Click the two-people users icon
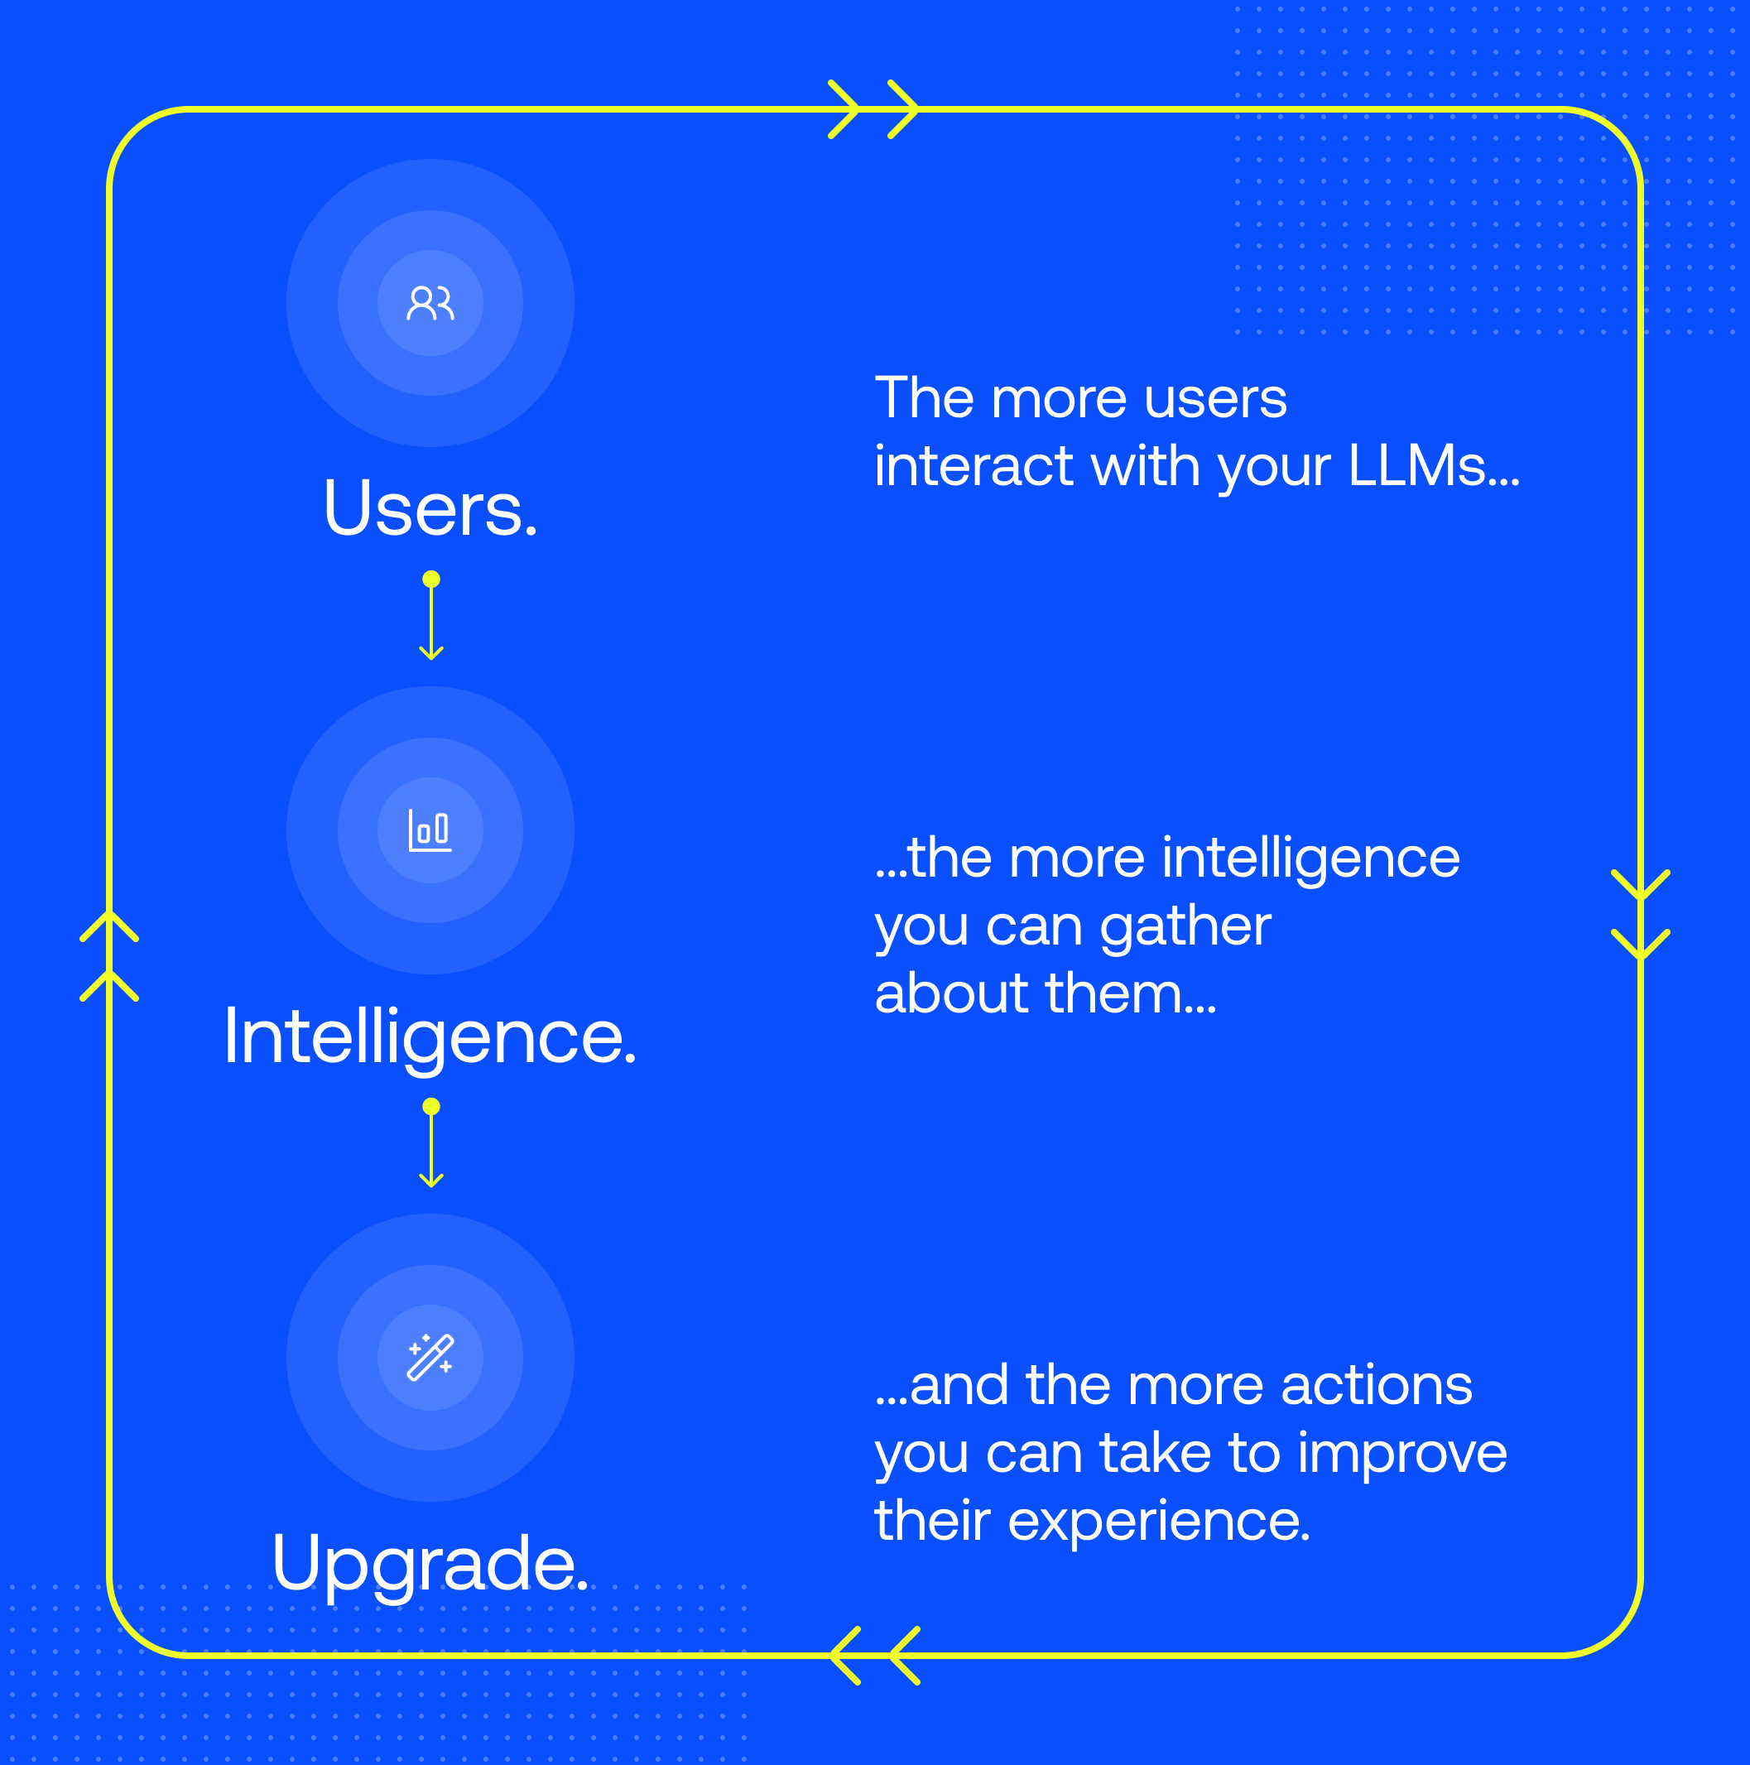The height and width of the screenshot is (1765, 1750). pyautogui.click(x=430, y=303)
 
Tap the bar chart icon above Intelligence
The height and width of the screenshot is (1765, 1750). pyautogui.click(x=430, y=830)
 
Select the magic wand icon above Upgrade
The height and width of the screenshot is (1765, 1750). pyautogui.click(x=430, y=1358)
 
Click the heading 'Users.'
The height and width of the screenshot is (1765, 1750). pyautogui.click(x=430, y=509)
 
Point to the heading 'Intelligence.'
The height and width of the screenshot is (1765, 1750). pyautogui.click(x=430, y=1036)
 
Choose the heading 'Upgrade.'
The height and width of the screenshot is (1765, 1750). pyautogui.click(x=430, y=1564)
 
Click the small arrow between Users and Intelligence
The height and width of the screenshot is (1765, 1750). pyautogui.click(x=431, y=621)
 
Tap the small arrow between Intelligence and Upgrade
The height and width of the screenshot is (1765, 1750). pyautogui.click(x=431, y=1148)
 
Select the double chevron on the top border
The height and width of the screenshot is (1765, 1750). pyautogui.click(x=873, y=109)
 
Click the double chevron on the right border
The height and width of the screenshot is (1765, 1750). pyautogui.click(x=1641, y=915)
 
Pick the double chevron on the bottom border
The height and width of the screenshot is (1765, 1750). pyautogui.click(x=875, y=1656)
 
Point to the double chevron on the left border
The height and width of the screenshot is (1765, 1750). pyautogui.click(x=109, y=955)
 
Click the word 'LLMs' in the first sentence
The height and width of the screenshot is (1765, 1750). pyautogui.click(x=1432, y=467)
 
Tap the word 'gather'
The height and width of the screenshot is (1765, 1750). pyautogui.click(x=1185, y=926)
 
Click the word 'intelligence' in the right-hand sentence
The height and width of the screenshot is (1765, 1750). pyautogui.click(x=1310, y=858)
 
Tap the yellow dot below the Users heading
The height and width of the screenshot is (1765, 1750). pyautogui.click(x=431, y=580)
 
